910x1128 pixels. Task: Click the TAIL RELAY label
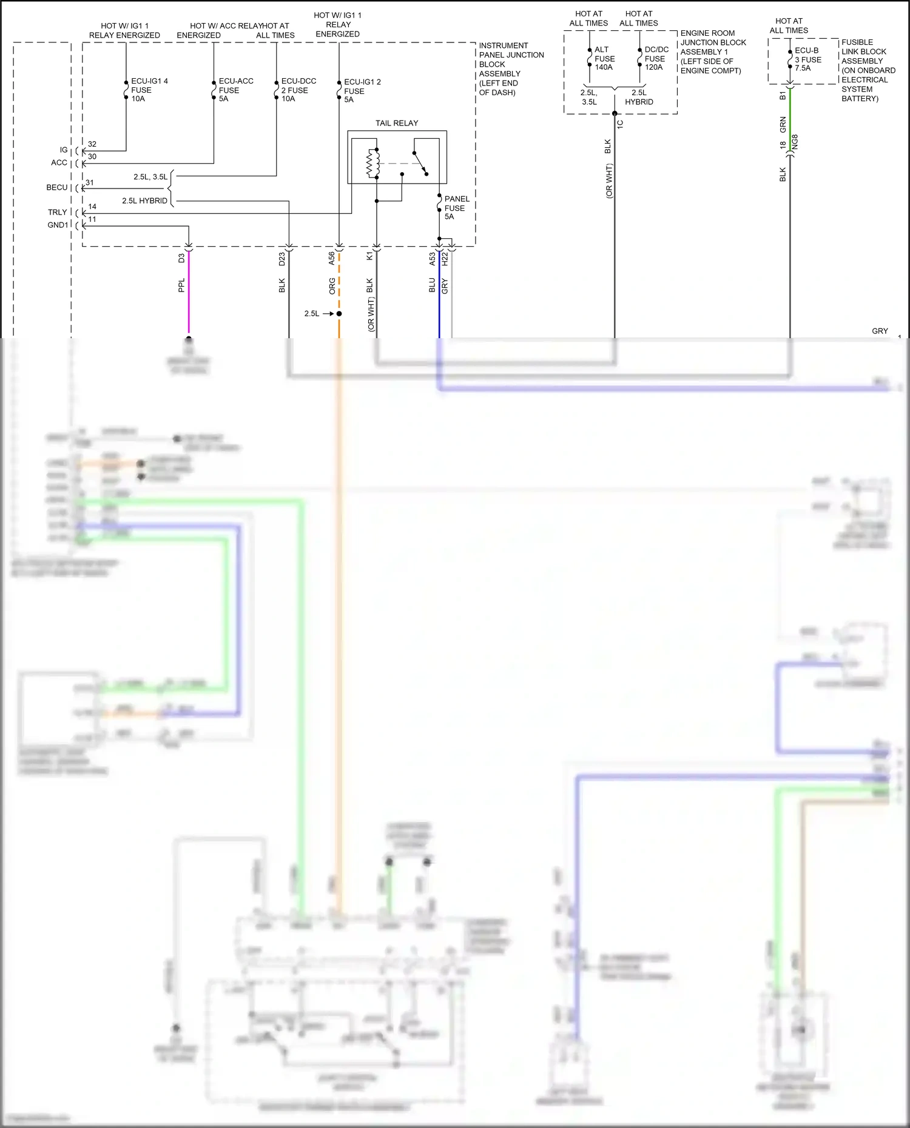click(x=397, y=123)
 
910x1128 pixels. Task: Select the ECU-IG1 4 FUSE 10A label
click(x=149, y=90)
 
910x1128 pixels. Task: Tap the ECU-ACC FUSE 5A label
click(x=235, y=90)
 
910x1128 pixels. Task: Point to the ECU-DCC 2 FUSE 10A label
click(x=298, y=90)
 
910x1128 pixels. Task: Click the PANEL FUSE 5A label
click(x=456, y=207)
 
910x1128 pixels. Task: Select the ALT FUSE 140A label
click(x=604, y=58)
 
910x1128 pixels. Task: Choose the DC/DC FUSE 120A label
click(x=656, y=58)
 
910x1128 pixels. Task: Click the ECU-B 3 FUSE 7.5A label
click(x=807, y=59)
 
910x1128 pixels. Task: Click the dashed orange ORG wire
click(x=339, y=285)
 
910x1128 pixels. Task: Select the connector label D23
click(x=282, y=259)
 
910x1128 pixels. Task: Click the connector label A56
click(x=332, y=258)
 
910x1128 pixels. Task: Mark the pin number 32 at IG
click(x=92, y=144)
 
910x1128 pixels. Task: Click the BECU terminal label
click(x=57, y=187)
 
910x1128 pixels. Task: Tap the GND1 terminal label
click(x=58, y=225)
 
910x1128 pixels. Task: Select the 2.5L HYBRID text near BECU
click(x=144, y=201)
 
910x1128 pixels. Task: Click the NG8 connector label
click(x=795, y=142)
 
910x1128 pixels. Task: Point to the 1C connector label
click(x=620, y=124)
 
